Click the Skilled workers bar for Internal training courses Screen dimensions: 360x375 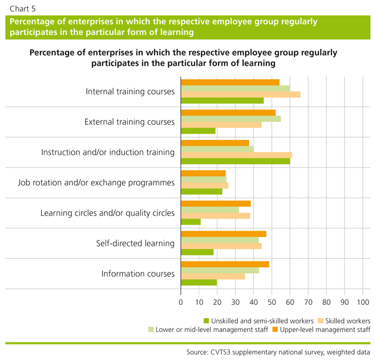241,94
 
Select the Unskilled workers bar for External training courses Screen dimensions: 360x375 198,131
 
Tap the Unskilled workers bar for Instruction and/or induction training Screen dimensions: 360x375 235,161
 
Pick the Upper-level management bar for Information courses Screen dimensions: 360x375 225,264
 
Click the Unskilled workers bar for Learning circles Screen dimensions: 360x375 191,222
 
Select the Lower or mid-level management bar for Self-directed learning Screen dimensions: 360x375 220,240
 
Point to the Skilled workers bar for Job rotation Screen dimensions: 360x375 205,185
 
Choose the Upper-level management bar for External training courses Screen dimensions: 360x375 228,112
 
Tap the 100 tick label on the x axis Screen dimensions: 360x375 363,302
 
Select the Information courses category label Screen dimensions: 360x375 138,274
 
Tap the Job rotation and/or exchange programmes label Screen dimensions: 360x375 96,183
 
